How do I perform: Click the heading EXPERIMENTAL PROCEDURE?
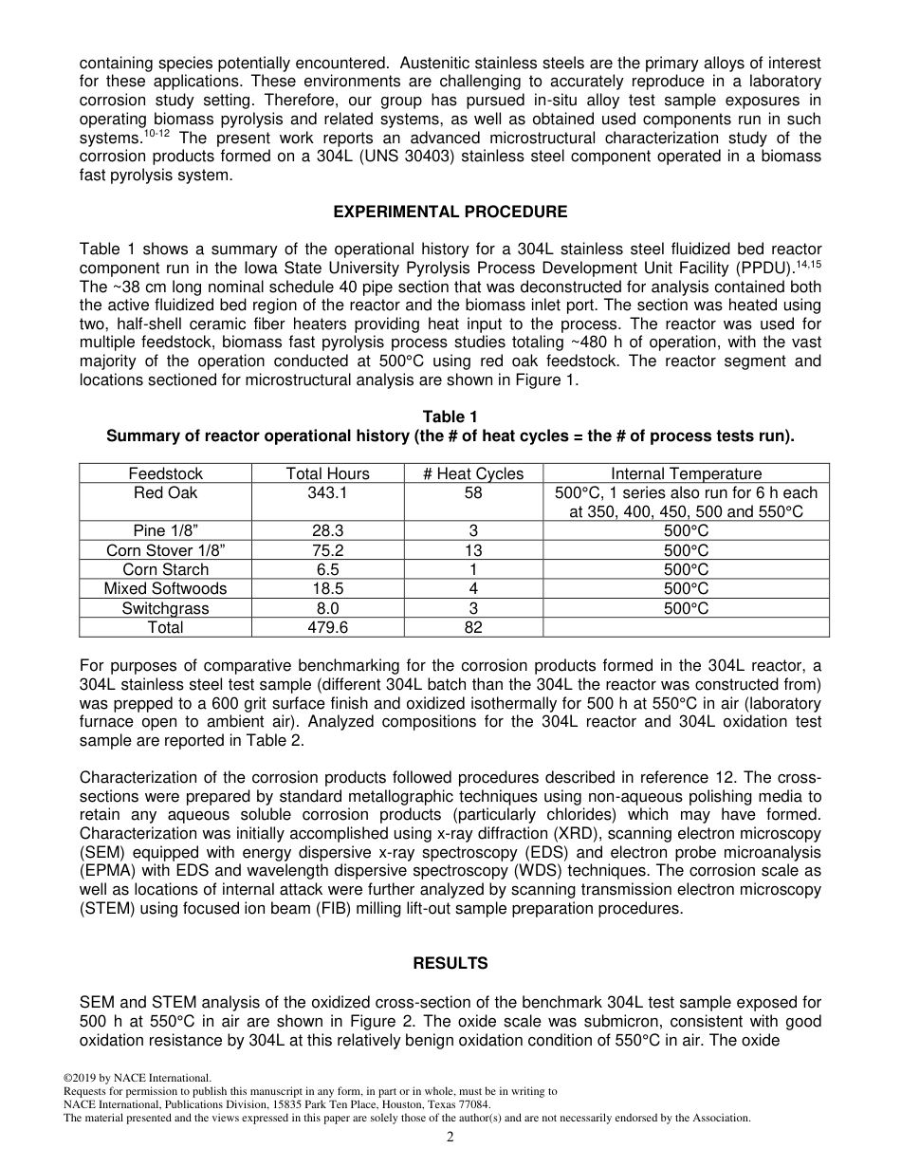point(450,213)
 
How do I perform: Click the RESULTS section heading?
point(450,964)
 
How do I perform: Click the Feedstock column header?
point(166,473)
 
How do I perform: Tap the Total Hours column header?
point(328,473)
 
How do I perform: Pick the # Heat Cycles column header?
point(473,473)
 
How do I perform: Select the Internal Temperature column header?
point(686,473)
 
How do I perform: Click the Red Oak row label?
point(166,493)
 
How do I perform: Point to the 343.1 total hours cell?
point(328,493)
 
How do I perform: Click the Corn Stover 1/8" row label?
point(166,550)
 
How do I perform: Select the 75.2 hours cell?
point(328,550)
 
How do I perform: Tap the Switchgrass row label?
point(166,608)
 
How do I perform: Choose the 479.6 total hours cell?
point(328,627)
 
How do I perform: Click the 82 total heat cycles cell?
point(473,627)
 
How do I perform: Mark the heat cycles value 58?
point(473,493)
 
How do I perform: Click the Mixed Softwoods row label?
point(166,588)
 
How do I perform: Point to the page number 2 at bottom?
point(450,1138)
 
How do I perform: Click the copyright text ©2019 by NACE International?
point(138,1078)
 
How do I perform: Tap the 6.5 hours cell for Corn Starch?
point(328,569)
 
